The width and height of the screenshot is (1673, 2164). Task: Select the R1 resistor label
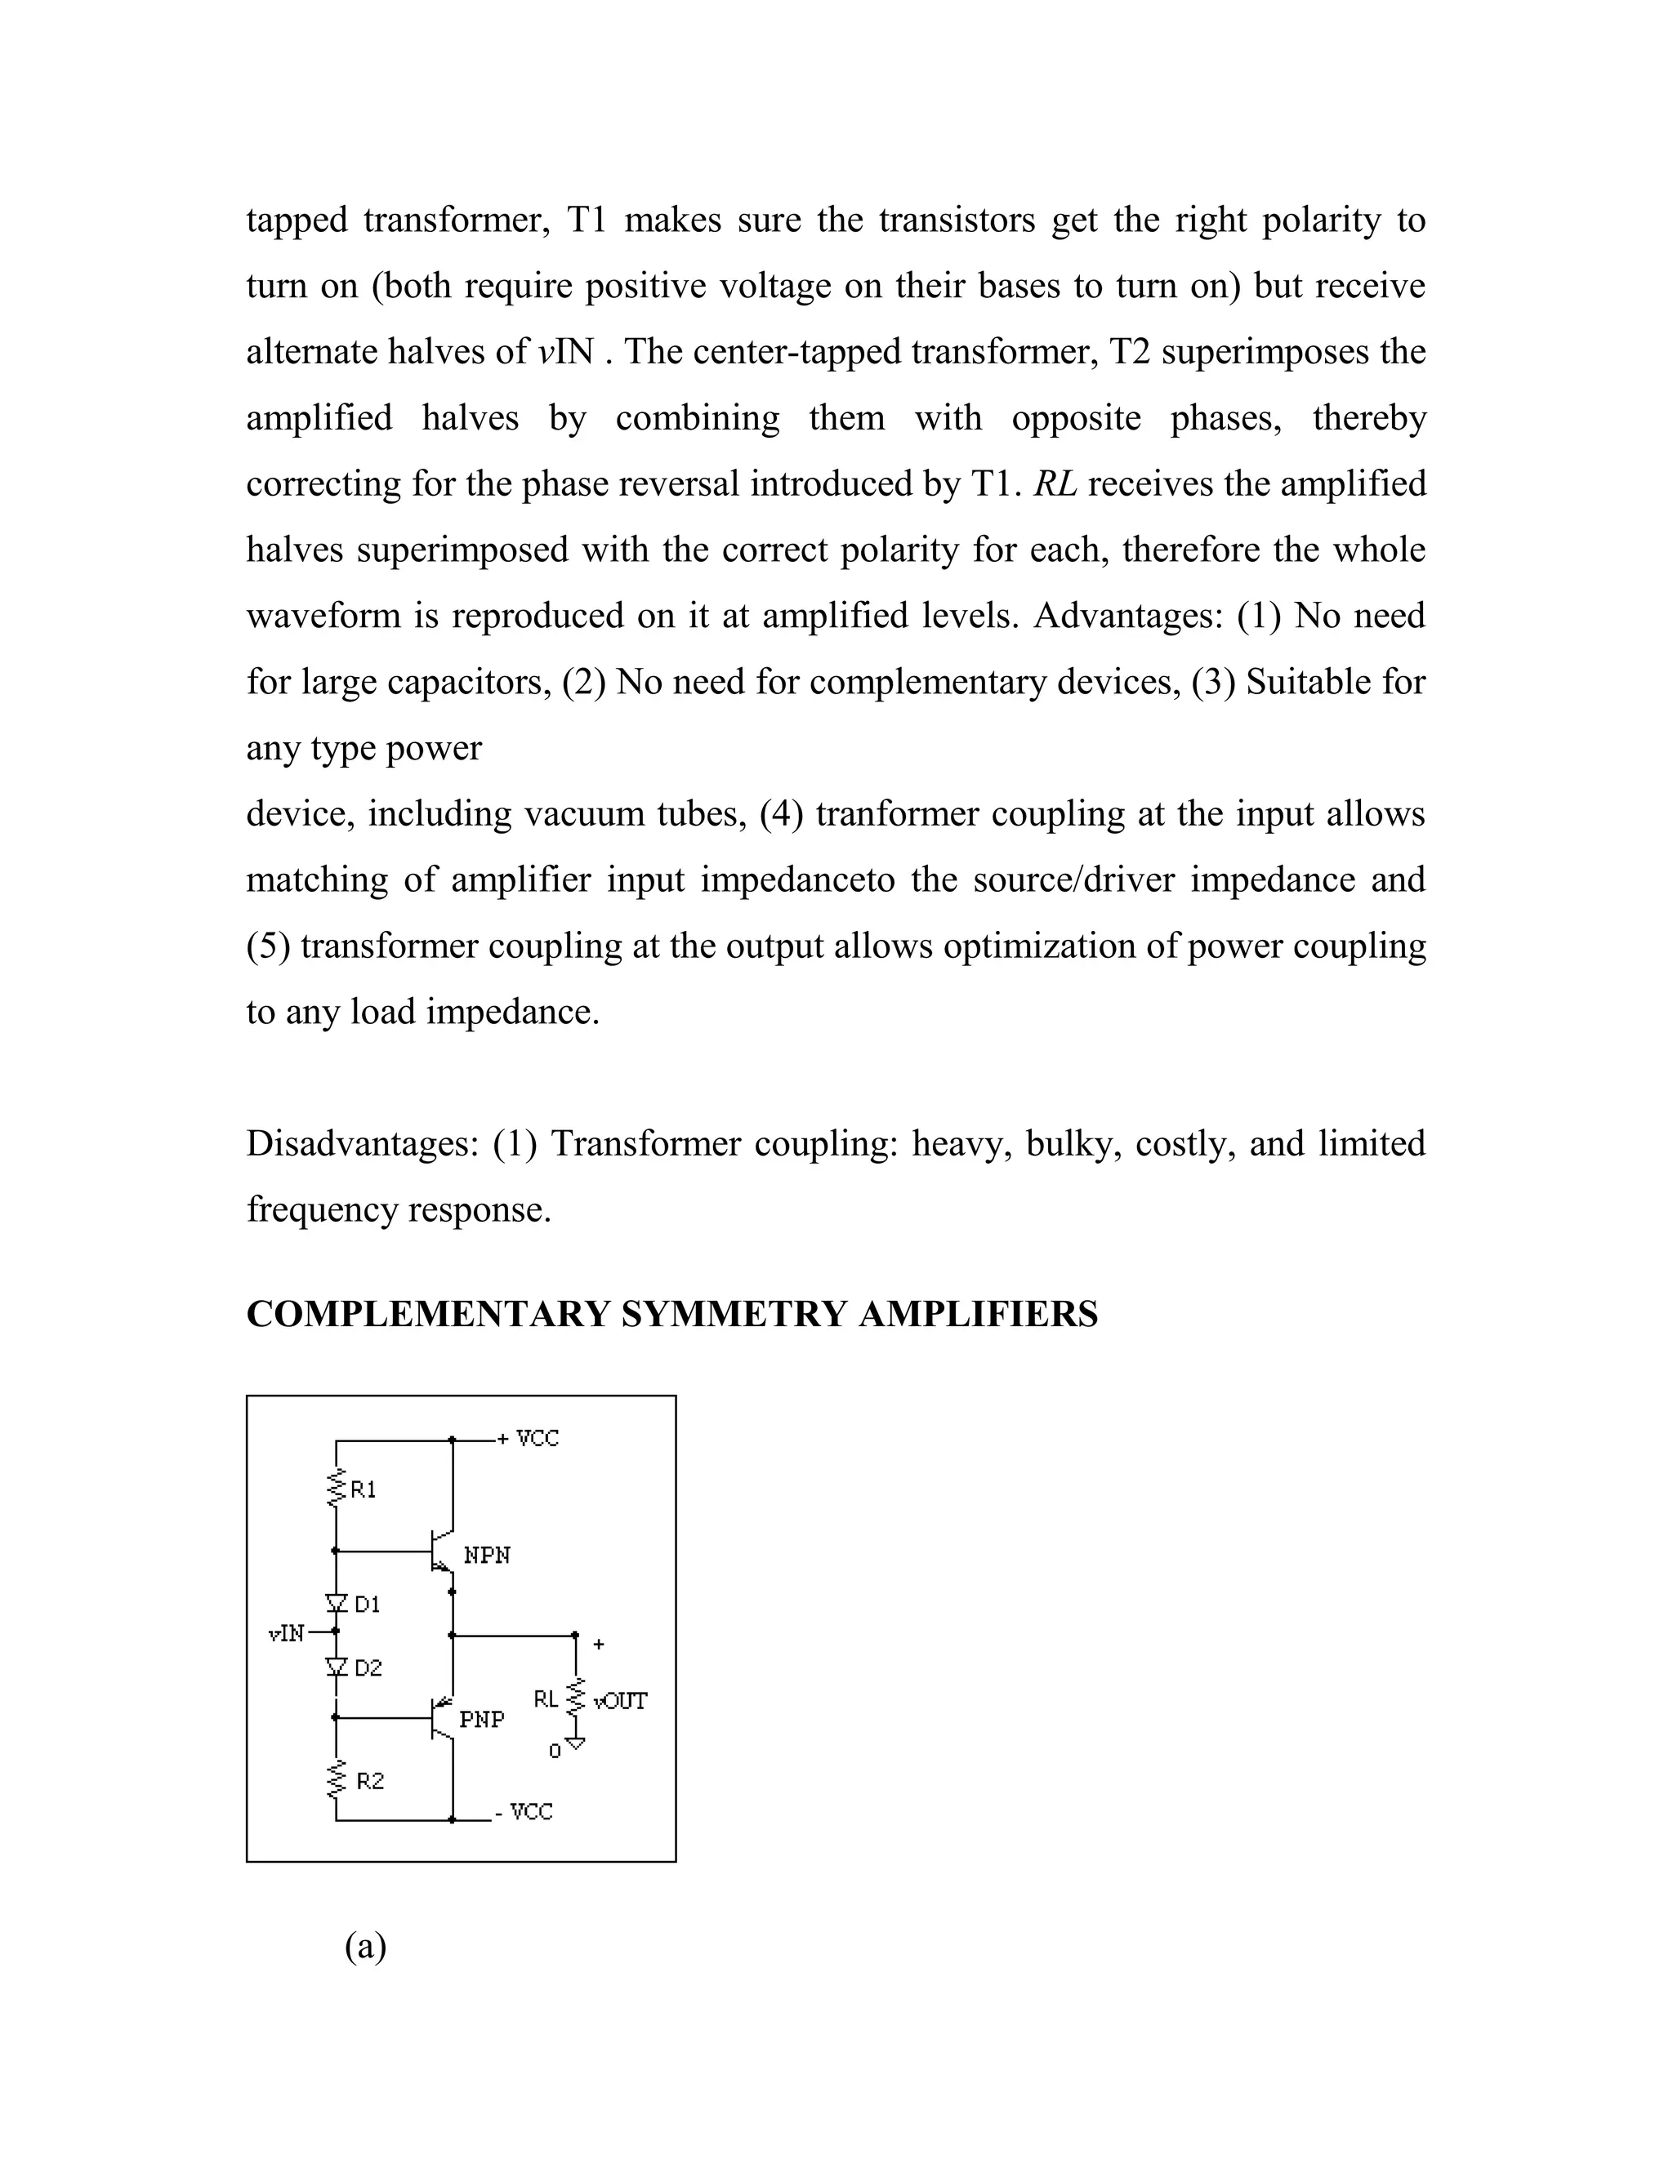coord(364,1490)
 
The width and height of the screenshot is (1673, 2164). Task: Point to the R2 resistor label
coord(370,1782)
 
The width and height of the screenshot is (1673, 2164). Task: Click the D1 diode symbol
coord(336,1602)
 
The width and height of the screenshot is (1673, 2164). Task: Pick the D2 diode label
coord(368,1668)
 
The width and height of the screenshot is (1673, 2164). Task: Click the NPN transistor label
coord(487,1556)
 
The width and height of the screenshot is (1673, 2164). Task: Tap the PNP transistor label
coord(482,1719)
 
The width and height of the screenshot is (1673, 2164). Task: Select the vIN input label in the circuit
coord(287,1634)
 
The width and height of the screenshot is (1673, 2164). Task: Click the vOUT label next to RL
coord(621,1701)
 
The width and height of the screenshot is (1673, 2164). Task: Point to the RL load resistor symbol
coord(576,1700)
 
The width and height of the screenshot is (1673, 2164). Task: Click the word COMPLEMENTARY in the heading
coord(427,1315)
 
